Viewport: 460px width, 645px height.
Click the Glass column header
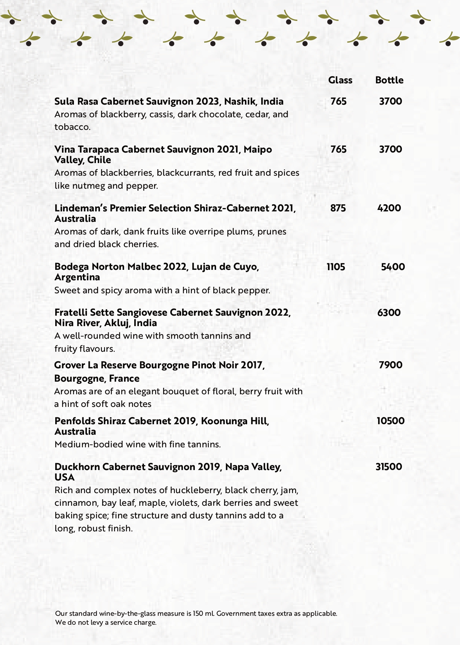point(340,80)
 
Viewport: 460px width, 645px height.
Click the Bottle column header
point(389,80)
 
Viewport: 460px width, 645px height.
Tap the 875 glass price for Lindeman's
point(338,208)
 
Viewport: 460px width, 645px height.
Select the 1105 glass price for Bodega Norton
point(336,267)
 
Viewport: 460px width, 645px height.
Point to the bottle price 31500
point(389,467)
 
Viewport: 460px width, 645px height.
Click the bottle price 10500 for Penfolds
point(390,421)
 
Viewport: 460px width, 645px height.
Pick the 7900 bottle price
point(390,365)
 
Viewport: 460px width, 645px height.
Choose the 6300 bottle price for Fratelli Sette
point(389,312)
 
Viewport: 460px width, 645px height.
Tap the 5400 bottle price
point(393,267)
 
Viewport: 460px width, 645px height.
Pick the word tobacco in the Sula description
point(72,127)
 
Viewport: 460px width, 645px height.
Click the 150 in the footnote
point(198,613)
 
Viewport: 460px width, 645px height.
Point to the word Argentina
point(77,277)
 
